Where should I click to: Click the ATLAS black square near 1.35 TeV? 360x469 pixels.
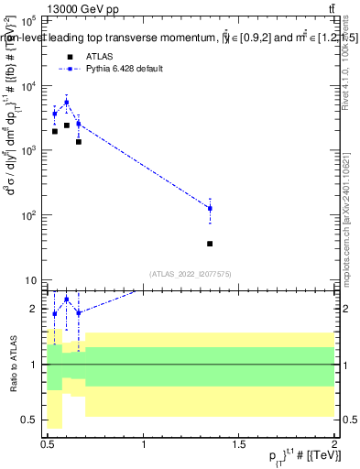[x=210, y=244]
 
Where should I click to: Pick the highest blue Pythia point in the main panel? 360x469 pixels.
[x=67, y=103]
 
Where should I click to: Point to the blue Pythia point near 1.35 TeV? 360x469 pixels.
[x=210, y=209]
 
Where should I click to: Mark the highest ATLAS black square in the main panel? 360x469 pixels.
[x=67, y=125]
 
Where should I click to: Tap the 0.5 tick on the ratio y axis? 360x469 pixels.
[x=28, y=420]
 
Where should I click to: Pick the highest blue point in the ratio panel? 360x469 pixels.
[x=67, y=300]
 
